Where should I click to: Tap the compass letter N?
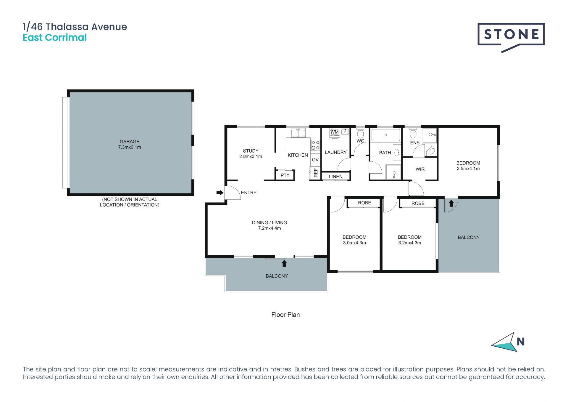521,342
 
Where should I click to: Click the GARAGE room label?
130,142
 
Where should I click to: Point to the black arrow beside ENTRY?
220,193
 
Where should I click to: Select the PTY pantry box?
285,175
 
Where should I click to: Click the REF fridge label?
316,173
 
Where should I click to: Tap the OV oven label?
315,159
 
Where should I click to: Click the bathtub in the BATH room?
386,135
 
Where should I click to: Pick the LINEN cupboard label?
335,177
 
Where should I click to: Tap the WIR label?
420,169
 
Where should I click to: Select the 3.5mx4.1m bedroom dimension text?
468,169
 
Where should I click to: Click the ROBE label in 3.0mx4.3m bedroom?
364,203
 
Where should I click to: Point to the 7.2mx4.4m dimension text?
270,228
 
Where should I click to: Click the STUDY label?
251,151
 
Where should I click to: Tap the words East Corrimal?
55,38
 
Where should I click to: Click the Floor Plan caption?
285,315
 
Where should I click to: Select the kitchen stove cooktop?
315,145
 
